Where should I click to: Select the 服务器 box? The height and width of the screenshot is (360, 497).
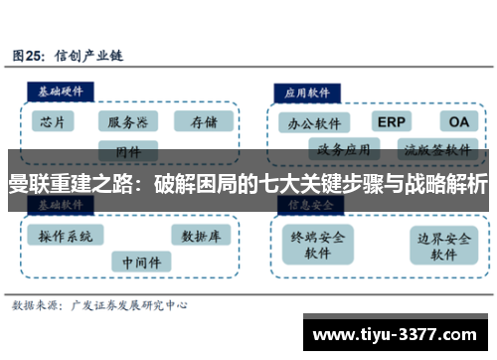point(128,122)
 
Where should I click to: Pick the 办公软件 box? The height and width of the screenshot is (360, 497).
point(312,123)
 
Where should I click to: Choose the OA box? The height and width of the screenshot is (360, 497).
point(457,121)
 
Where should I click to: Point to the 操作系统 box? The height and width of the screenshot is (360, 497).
point(66,236)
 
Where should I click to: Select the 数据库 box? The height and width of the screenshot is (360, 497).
point(201,236)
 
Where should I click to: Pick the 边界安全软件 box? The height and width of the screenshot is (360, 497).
point(442,245)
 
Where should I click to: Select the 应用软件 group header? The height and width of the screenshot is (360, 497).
point(308,90)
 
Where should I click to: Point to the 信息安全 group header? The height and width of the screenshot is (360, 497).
point(308,204)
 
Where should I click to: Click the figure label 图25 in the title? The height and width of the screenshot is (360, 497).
point(30,56)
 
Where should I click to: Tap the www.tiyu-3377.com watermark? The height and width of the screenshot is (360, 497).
point(398,331)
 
